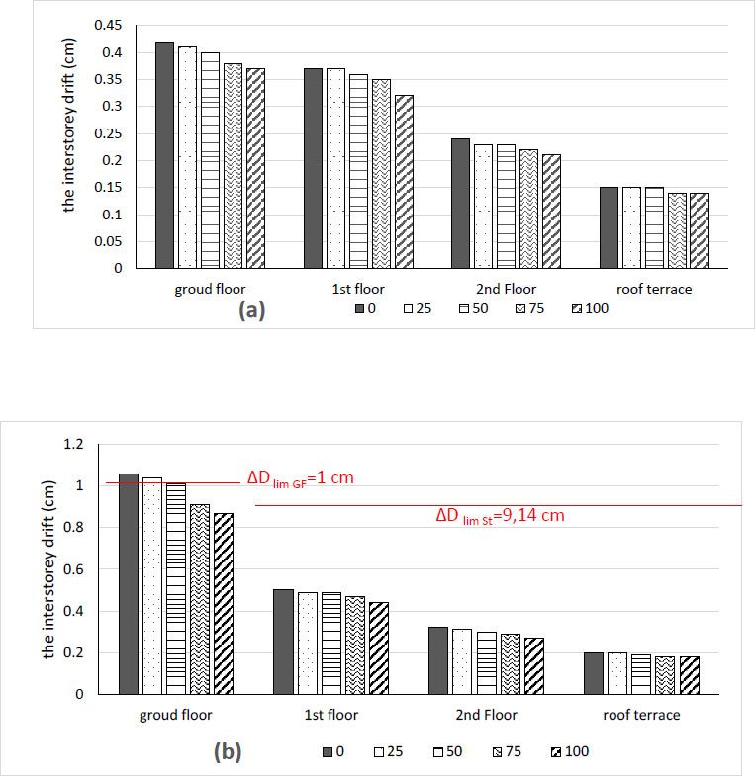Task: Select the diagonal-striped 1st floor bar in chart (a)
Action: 404,182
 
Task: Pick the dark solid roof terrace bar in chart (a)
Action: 610,227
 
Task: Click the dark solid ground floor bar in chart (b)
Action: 129,584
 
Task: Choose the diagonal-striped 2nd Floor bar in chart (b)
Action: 532,666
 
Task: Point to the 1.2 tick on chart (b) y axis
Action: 89,445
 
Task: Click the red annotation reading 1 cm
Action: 300,478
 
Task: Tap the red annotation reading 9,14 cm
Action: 501,516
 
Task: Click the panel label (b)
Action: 227,752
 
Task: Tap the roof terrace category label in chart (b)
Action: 634,715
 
